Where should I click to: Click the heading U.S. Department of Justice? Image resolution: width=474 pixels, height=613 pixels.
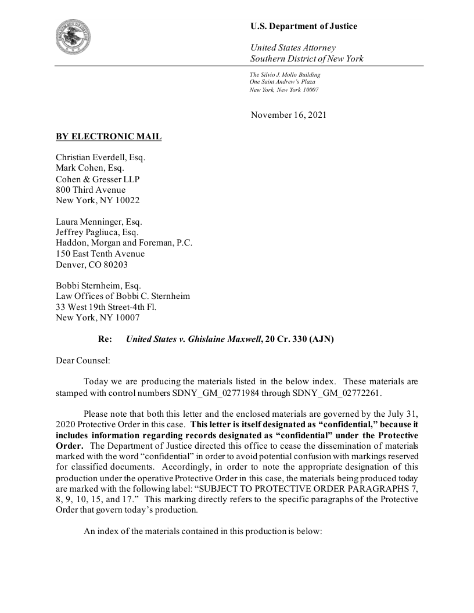(x=303, y=26)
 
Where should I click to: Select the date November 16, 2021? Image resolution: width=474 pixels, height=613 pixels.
(x=288, y=115)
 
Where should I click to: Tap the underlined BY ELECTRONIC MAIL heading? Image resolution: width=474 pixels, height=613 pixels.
(x=109, y=137)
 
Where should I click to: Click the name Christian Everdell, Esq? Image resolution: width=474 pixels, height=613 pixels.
(x=100, y=158)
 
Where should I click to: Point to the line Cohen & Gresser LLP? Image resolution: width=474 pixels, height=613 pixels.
(x=98, y=179)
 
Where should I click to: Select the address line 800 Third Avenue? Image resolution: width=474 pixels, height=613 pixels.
(x=90, y=190)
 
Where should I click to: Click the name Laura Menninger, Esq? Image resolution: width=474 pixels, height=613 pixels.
(x=99, y=222)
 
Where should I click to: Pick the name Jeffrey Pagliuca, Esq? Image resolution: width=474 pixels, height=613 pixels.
(x=97, y=232)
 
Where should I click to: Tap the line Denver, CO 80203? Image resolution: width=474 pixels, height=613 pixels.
(x=91, y=265)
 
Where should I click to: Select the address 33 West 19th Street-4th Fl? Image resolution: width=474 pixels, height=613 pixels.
(x=106, y=307)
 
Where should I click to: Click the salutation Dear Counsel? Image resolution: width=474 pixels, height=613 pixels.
(x=82, y=360)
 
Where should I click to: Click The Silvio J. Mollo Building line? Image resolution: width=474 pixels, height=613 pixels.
(x=285, y=75)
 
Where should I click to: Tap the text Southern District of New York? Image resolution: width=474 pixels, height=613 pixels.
(x=307, y=59)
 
